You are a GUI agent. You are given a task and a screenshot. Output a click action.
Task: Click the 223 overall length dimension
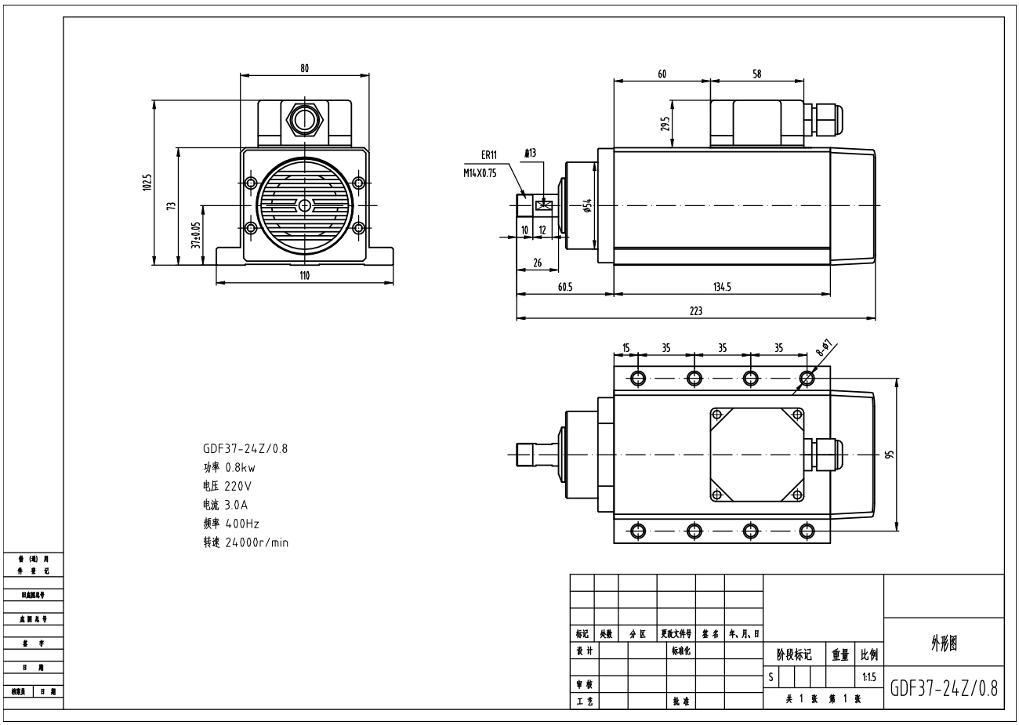pos(695,310)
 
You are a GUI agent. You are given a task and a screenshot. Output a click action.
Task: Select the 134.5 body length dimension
pos(722,287)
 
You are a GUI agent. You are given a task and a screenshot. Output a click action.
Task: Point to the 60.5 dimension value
pos(564,287)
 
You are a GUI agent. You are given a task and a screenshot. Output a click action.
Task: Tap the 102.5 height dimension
pos(147,183)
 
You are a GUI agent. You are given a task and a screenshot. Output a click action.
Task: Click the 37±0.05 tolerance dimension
pos(196,234)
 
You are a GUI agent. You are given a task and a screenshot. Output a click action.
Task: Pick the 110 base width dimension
pos(304,275)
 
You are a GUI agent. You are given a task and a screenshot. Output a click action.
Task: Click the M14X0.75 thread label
pos(480,173)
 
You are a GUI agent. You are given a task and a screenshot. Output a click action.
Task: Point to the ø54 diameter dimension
pos(587,205)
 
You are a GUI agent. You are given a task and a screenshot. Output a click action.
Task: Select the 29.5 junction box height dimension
pos(665,123)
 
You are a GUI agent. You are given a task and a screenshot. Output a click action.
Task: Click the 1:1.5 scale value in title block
pos(869,676)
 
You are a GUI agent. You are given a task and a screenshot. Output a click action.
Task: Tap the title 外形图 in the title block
pos(944,643)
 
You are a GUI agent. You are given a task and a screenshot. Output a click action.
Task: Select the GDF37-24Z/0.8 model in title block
pos(944,688)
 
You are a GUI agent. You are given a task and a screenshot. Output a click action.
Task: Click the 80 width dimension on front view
pos(304,68)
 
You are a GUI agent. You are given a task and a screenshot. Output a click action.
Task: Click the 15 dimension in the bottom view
pos(626,348)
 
